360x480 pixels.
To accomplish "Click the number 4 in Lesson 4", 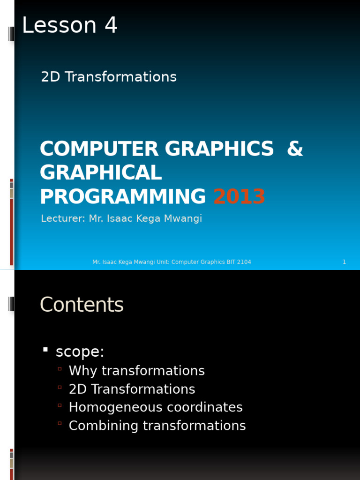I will (111, 25).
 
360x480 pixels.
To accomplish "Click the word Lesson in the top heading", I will (59, 25).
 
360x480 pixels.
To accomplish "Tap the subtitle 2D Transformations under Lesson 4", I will (109, 77).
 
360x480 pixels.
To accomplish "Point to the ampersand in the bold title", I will (295, 149).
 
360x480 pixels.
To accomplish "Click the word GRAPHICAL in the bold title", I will (101, 173).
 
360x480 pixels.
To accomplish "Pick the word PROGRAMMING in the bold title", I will (123, 197).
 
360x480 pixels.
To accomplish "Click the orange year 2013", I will (239, 197).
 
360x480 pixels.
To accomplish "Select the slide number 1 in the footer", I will (344, 262).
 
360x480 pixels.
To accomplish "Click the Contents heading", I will (82, 305).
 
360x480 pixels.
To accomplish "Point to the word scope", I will (80, 352).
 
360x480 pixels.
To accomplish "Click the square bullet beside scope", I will (45, 349).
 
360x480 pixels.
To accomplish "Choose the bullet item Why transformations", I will (136, 371).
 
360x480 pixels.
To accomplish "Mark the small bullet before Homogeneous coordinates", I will (60, 405).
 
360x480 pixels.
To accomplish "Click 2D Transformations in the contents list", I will (132, 389).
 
